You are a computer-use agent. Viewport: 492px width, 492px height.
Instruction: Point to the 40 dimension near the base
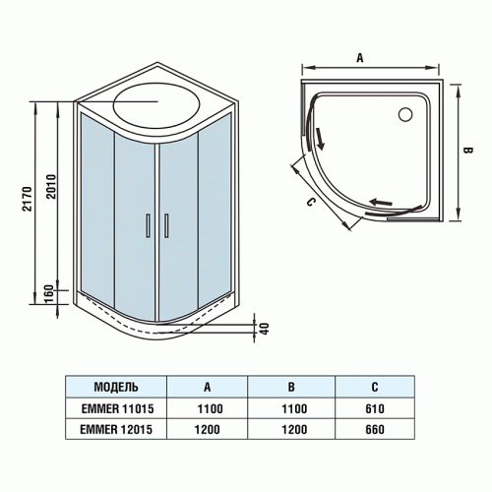tap(262, 327)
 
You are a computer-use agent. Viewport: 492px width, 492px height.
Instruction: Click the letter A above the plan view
tap(360, 58)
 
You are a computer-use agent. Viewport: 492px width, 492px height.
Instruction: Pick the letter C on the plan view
tap(310, 204)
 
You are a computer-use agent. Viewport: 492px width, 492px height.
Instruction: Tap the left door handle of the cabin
tap(148, 225)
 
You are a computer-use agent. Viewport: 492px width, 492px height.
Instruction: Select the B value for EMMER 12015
tap(293, 428)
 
